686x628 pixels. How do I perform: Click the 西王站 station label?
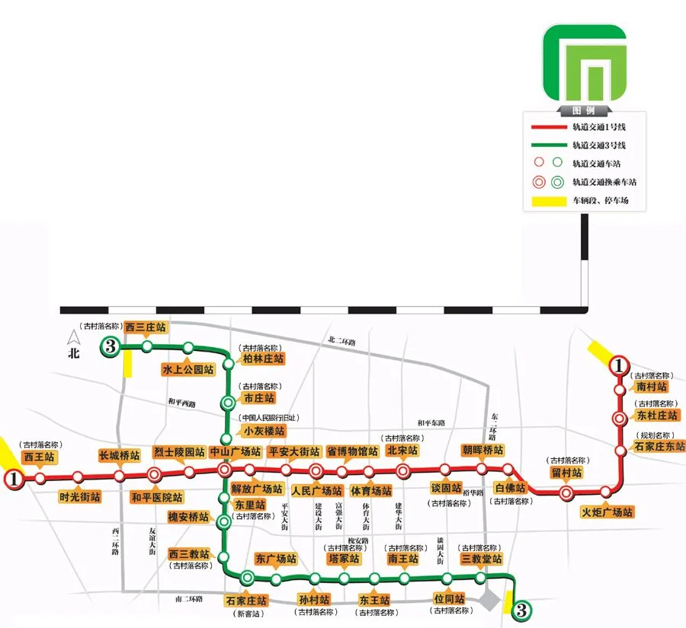pos(39,457)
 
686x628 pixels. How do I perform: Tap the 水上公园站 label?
pos(188,369)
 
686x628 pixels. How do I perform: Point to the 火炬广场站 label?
pos(607,512)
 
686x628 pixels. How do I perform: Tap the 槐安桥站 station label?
pos(188,517)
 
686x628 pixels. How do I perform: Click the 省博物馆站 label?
pos(352,451)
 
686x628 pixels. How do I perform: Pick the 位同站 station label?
pos(449,598)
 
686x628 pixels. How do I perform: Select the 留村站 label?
pos(566,473)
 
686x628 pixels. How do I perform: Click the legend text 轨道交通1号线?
pos(599,127)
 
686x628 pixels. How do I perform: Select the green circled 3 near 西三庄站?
pos(110,348)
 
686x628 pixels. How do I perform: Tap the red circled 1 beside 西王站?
pos(12,479)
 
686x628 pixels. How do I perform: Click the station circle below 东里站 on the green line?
pos(223,522)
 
